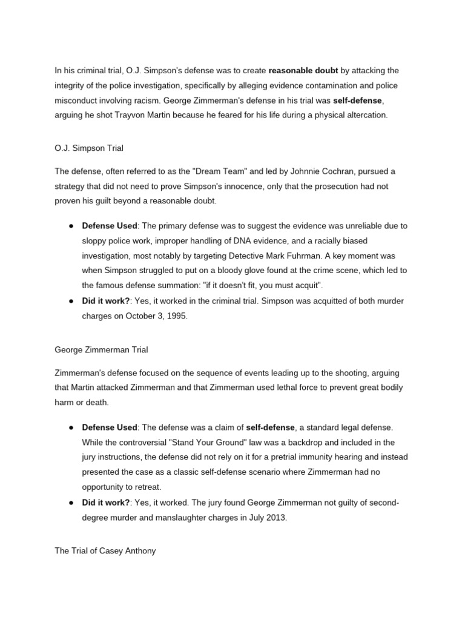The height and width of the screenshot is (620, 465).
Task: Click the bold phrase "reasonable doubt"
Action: tap(298, 71)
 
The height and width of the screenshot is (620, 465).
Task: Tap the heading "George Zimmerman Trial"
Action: tap(101, 349)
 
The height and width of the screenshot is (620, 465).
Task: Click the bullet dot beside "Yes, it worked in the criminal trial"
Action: tap(71, 301)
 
